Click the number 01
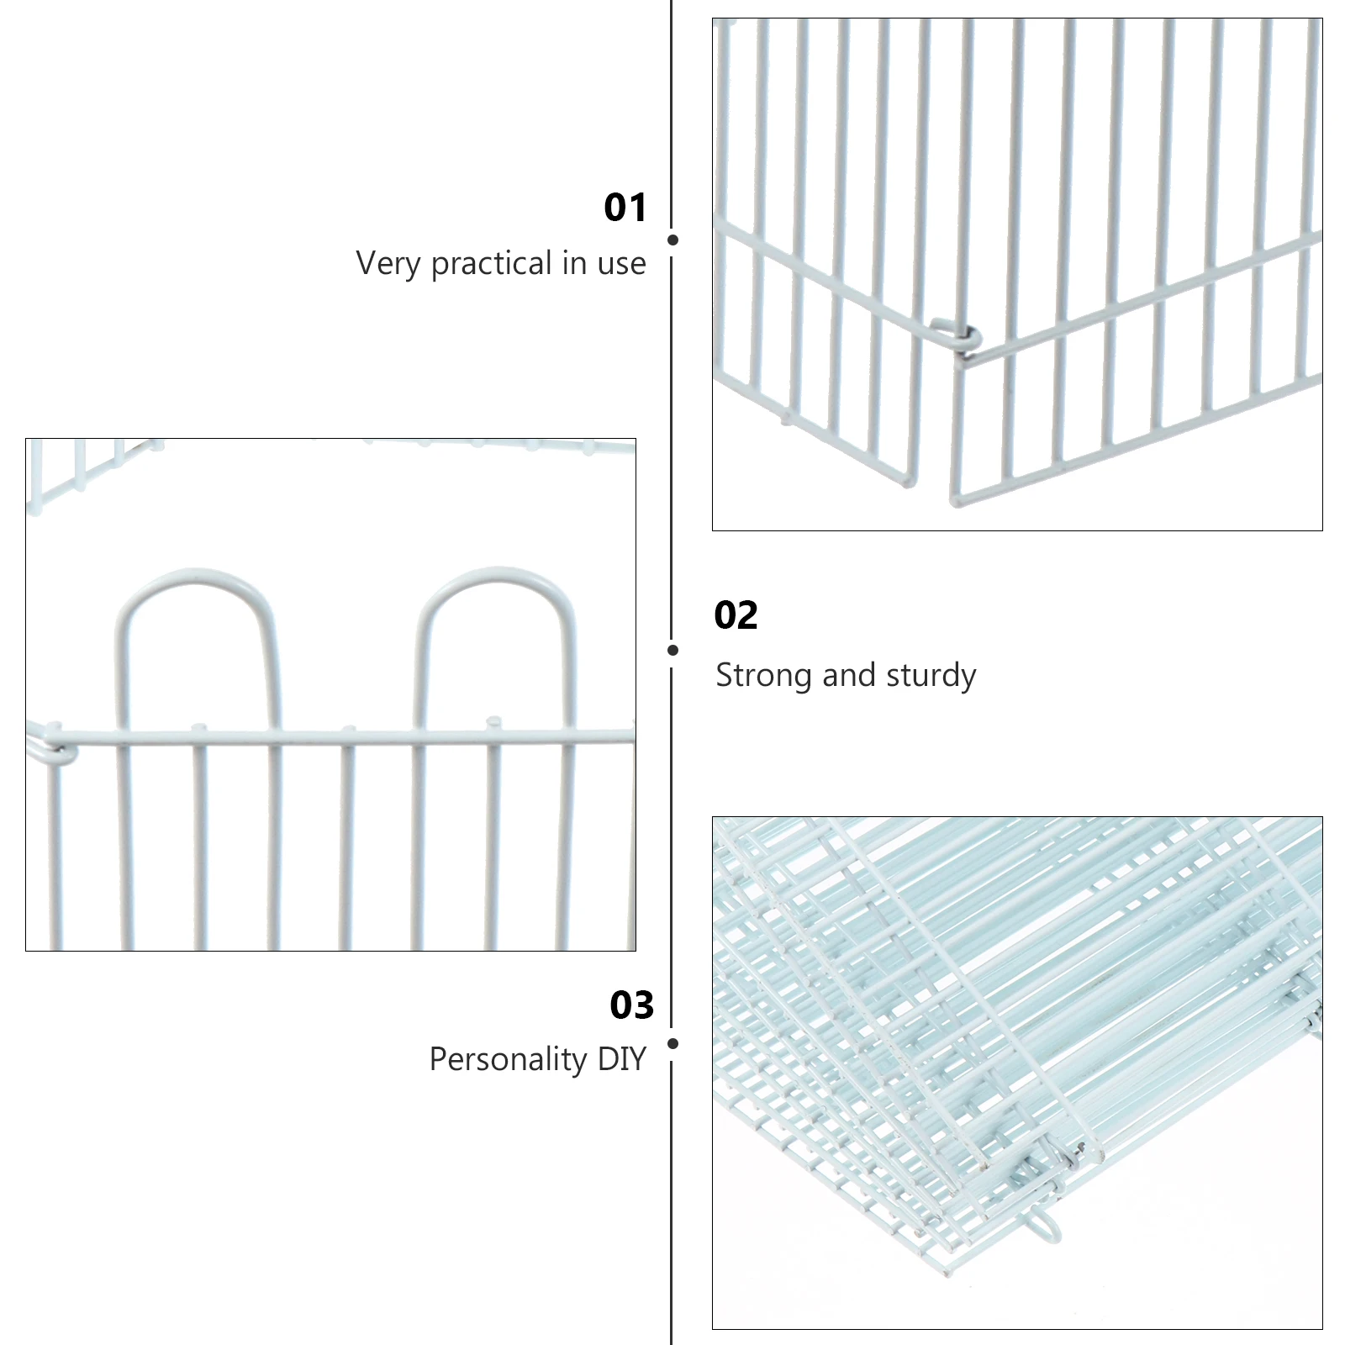click(625, 208)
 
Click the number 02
click(736, 615)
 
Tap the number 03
click(631, 1005)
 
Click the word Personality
click(508, 1059)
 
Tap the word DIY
click(621, 1059)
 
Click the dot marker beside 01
click(672, 240)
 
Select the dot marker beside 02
click(672, 650)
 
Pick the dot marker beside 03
click(672, 1044)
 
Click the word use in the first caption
click(621, 264)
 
